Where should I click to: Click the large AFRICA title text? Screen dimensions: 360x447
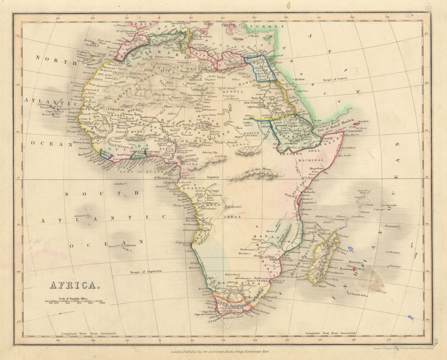72,285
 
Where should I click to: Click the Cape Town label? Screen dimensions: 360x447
210,311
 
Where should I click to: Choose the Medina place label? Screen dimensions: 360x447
299,79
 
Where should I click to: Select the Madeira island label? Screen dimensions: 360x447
92,45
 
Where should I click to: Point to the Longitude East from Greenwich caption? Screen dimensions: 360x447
330,334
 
